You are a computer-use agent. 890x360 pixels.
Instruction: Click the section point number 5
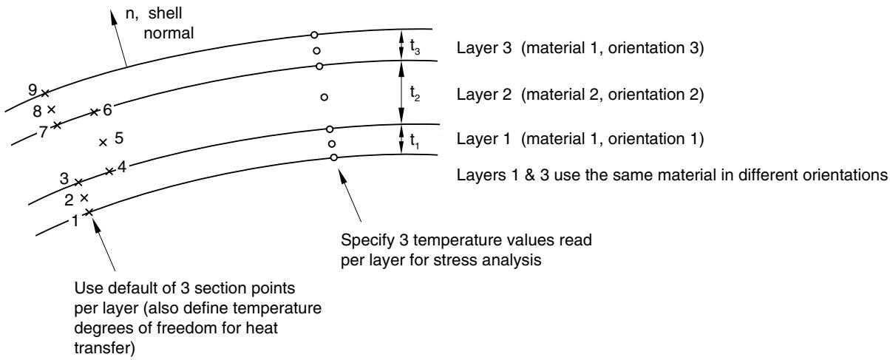pyautogui.click(x=119, y=138)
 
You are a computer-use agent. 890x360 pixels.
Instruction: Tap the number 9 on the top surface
pyautogui.click(x=33, y=89)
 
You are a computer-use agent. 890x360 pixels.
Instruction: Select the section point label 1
pyautogui.click(x=75, y=220)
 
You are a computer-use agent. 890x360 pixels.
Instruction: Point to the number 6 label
pyautogui.click(x=107, y=110)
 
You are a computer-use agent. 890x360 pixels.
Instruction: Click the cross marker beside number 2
pyautogui.click(x=84, y=197)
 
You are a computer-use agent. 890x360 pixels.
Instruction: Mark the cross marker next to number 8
pyautogui.click(x=51, y=109)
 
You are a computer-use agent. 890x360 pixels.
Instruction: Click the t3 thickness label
pyautogui.click(x=415, y=47)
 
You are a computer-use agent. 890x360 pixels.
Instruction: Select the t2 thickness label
pyautogui.click(x=415, y=94)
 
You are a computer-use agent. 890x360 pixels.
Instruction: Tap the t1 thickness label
pyautogui.click(x=415, y=140)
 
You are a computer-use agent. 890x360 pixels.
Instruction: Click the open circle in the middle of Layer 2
pyautogui.click(x=325, y=97)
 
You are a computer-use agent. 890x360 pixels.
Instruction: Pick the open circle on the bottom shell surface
pyautogui.click(x=334, y=157)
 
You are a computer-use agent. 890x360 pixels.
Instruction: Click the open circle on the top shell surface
pyautogui.click(x=314, y=35)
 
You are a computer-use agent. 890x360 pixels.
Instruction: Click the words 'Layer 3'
pyautogui.click(x=484, y=48)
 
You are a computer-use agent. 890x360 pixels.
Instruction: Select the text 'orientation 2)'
pyautogui.click(x=656, y=95)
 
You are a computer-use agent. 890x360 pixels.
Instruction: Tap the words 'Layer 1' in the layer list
pyautogui.click(x=483, y=139)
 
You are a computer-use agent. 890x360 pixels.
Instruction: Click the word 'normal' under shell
pyautogui.click(x=169, y=33)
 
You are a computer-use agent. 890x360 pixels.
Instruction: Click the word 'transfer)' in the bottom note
pyautogui.click(x=105, y=348)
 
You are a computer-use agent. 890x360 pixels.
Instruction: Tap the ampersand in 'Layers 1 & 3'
pyautogui.click(x=529, y=175)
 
